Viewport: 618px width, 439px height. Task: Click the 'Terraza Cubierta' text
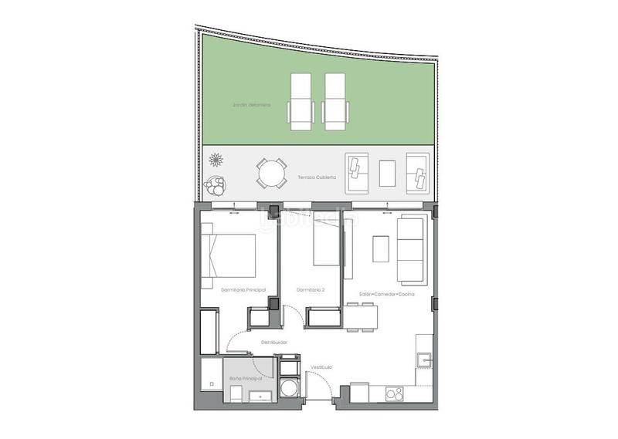pyautogui.click(x=317, y=177)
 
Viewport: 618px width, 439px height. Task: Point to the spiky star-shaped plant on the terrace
pyautogui.click(x=216, y=160)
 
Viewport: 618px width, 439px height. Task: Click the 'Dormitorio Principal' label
pyautogui.click(x=243, y=290)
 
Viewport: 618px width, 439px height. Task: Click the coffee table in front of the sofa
pyautogui.click(x=382, y=249)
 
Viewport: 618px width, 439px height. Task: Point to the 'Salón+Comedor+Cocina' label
pyautogui.click(x=386, y=295)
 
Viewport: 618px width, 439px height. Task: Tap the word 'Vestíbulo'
pyautogui.click(x=321, y=367)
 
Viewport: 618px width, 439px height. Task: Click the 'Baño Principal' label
pyautogui.click(x=246, y=379)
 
